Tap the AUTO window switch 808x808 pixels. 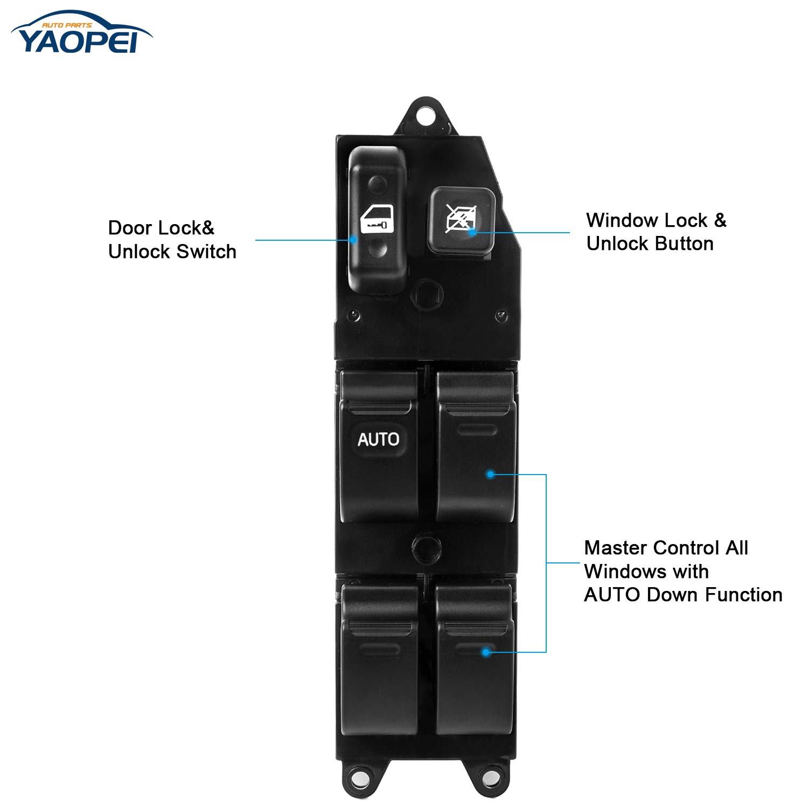[379, 447]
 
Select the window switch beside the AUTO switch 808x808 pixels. [475, 447]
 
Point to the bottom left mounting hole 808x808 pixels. [356, 776]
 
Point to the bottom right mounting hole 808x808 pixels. [488, 776]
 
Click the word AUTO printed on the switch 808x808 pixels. [379, 440]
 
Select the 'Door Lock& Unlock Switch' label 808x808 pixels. [172, 240]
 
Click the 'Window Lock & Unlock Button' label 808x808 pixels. [656, 232]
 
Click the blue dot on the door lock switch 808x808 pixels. [353, 240]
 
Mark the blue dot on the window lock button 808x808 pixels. [472, 233]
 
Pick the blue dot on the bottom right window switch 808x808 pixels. [485, 652]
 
